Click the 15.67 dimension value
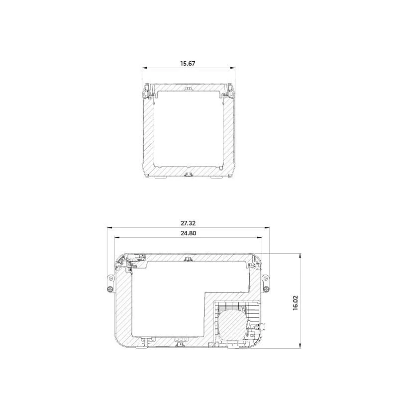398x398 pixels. (188, 64)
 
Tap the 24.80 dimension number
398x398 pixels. (188, 234)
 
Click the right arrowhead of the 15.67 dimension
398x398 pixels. (232, 69)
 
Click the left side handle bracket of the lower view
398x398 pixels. (110, 283)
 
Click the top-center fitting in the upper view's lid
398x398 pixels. (188, 88)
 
